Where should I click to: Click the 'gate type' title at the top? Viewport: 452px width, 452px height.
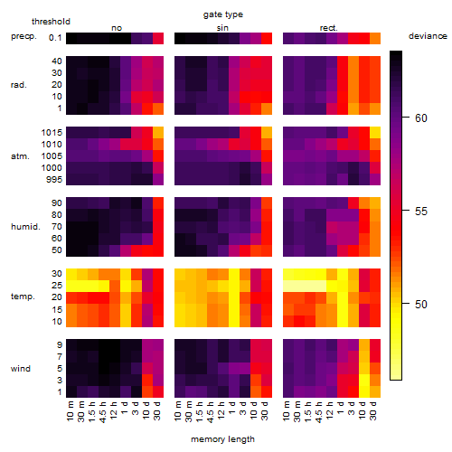point(223,14)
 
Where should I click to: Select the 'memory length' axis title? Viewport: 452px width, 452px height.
point(222,439)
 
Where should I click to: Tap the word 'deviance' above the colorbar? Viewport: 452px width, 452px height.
point(428,36)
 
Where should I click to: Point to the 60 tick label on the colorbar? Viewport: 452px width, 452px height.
point(421,118)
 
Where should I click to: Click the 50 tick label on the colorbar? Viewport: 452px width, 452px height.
point(421,305)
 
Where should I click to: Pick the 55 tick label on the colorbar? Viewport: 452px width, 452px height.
point(421,212)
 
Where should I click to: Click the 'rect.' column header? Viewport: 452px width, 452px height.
point(328,28)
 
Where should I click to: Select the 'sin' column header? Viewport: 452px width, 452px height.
point(222,28)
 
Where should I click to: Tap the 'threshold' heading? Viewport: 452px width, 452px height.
point(51,22)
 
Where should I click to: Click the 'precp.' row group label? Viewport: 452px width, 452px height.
point(24,36)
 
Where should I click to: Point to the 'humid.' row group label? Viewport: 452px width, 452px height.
point(25,227)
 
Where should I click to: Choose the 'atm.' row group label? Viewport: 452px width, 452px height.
point(20,156)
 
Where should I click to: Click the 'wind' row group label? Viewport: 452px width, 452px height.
point(21,369)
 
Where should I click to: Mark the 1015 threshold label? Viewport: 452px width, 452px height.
point(52,133)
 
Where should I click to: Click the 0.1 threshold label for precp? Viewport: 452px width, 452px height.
point(55,38)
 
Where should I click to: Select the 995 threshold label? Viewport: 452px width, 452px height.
point(54,180)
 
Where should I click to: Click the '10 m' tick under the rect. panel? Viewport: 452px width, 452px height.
point(287,410)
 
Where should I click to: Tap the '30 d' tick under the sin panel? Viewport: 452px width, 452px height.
point(265,410)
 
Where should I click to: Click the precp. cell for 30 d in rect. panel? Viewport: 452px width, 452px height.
point(375,38)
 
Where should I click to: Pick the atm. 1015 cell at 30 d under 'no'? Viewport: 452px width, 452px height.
point(158,133)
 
